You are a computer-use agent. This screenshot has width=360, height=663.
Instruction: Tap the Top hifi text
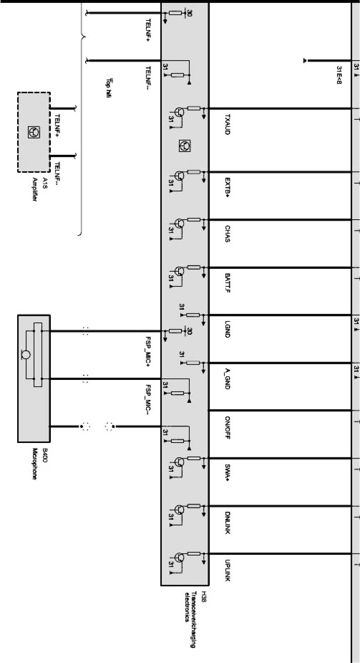(x=109, y=89)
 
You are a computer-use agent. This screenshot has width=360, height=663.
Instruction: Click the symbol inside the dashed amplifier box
(x=34, y=132)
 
